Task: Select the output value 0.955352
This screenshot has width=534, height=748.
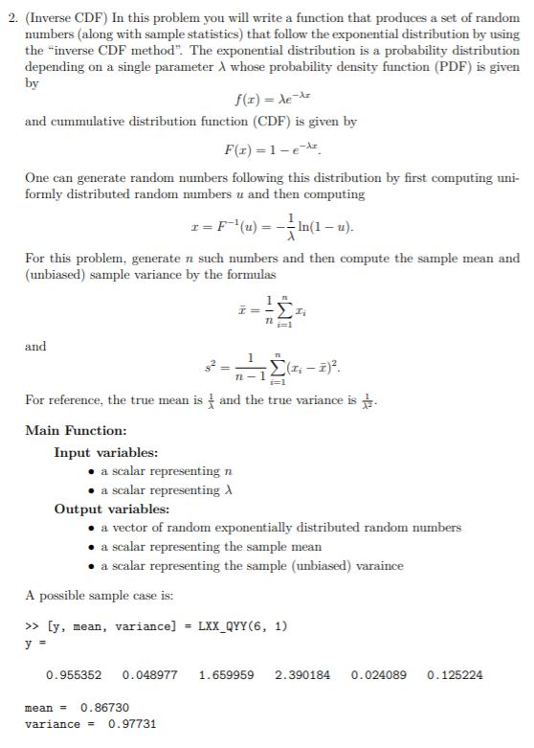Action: tap(67, 675)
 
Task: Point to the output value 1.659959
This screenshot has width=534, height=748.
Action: tap(226, 675)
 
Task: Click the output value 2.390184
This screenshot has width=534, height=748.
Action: tap(302, 675)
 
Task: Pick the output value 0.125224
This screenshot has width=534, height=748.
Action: tap(456, 675)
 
